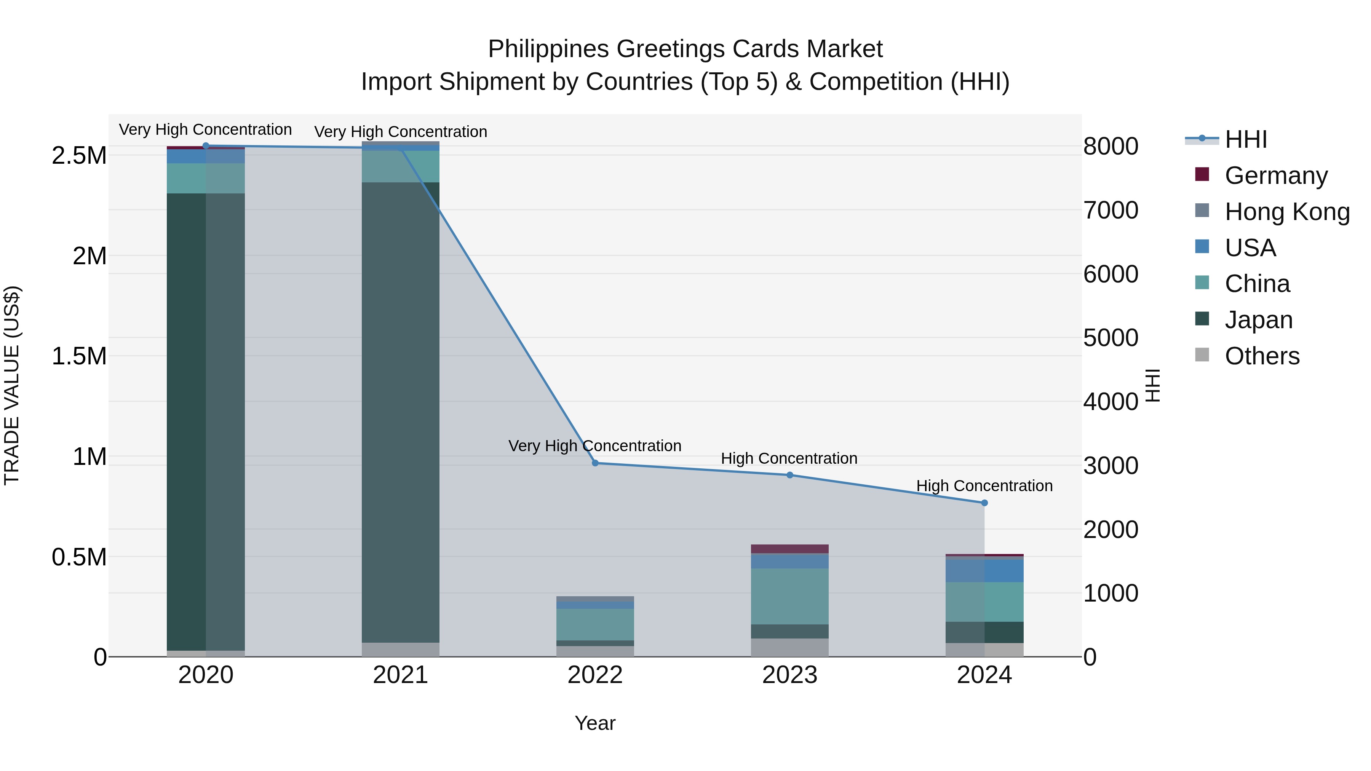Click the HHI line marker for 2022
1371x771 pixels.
[595, 463]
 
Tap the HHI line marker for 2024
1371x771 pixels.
[984, 503]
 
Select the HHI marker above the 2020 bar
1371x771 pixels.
[206, 146]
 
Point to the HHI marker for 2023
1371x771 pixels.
[790, 475]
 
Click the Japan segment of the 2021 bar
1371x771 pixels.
[400, 412]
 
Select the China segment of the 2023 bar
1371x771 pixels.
[790, 596]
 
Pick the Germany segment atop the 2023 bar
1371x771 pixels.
[790, 549]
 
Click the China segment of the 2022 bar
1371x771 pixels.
[595, 624]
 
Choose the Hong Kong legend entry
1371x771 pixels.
[1287, 212]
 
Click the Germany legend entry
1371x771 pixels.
[1276, 176]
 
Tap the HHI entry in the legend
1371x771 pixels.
[1245, 139]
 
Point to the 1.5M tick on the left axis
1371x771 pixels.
[79, 356]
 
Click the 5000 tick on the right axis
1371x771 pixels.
[1111, 338]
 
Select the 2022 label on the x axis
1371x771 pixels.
[595, 675]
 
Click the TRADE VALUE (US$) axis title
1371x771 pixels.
[12, 385]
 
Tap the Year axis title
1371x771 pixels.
[595, 723]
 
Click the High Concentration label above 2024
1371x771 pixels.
[984, 486]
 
